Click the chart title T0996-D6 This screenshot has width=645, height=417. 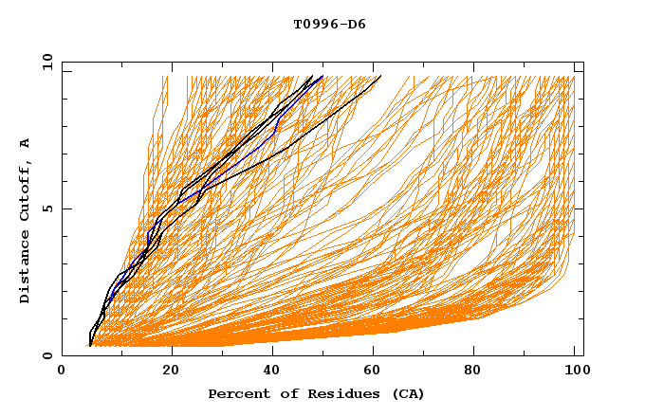pyautogui.click(x=329, y=25)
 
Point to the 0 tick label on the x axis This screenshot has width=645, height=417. pyautogui.click(x=62, y=373)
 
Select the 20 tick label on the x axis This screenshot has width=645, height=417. pyautogui.click(x=164, y=373)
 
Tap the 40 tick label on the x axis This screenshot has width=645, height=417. pyautogui.click(x=267, y=373)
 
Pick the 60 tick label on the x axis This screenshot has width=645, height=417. pyautogui.click(x=370, y=373)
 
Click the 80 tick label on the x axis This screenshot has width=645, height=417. pyautogui.click(x=472, y=373)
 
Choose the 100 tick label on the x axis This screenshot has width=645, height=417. pyautogui.click(x=575, y=373)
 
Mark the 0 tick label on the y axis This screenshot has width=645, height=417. pyautogui.click(x=47, y=356)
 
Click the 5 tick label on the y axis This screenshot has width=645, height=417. pyautogui.click(x=47, y=208)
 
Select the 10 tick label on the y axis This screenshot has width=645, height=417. pyautogui.click(x=44, y=61)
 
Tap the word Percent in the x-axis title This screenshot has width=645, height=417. pyautogui.click(x=235, y=394)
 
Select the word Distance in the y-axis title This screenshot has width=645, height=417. pyautogui.click(x=26, y=266)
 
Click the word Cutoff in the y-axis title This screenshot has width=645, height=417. pyautogui.click(x=26, y=188)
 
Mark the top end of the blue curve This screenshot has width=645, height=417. pyautogui.click(x=322, y=76)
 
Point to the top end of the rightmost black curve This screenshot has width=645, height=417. pyautogui.click(x=380, y=76)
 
